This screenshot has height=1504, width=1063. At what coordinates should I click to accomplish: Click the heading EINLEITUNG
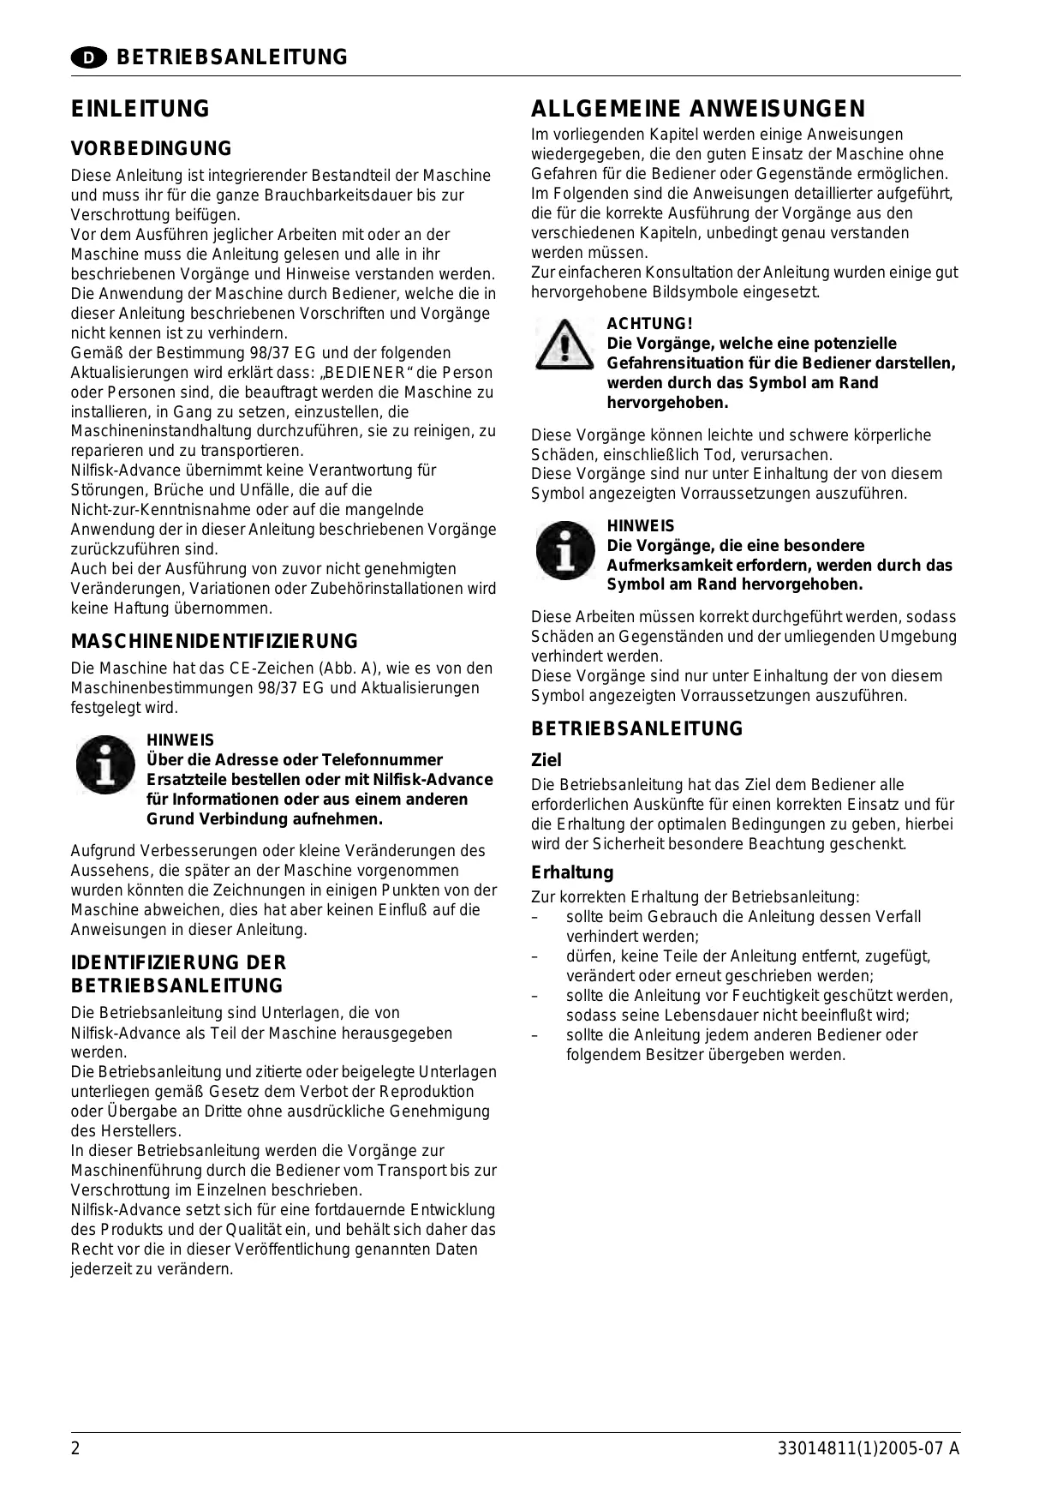140,109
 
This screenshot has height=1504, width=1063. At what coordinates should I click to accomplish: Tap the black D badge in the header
88,57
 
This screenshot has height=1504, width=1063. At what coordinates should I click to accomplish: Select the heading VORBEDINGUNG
151,149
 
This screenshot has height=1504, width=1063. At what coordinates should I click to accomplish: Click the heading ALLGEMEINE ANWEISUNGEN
698,109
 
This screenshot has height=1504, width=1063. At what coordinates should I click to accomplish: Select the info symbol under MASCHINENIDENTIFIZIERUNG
105,764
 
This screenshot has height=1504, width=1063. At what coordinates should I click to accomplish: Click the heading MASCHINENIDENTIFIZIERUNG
214,641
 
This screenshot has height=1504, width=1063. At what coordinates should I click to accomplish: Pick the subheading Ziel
546,760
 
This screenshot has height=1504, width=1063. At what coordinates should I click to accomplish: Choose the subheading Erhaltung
572,872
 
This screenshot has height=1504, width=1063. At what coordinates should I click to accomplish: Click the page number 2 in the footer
75,1449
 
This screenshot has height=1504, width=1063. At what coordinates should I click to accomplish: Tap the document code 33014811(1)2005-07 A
869,1449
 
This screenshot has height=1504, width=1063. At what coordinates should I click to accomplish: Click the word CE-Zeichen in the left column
270,668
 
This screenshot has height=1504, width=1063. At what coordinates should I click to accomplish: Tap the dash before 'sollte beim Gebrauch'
534,918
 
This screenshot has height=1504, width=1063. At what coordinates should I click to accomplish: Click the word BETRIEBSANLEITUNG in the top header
231,57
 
